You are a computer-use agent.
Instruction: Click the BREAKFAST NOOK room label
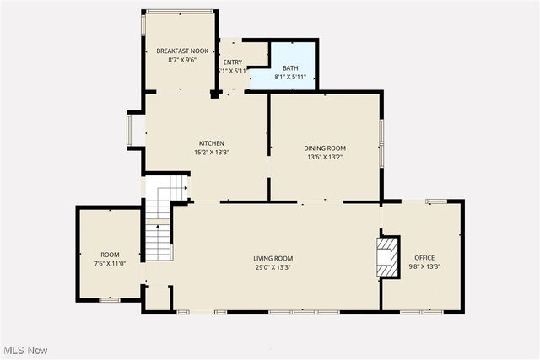click(x=182, y=51)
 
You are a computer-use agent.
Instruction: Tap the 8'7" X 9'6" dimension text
click(x=182, y=61)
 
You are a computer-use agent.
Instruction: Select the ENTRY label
click(x=232, y=62)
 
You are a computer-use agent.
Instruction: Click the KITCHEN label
click(x=211, y=143)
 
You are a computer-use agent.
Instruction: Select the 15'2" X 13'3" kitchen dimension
click(x=211, y=153)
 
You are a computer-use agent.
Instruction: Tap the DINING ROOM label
click(x=325, y=148)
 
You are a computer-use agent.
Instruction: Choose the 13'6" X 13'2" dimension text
click(x=325, y=158)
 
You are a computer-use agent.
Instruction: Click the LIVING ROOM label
click(x=273, y=258)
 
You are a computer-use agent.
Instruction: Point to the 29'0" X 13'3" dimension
click(x=273, y=267)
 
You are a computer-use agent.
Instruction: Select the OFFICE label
click(x=424, y=257)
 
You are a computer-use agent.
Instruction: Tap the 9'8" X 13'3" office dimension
click(x=424, y=267)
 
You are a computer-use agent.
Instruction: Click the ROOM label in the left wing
click(x=110, y=254)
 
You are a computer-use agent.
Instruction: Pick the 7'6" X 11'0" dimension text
click(x=110, y=264)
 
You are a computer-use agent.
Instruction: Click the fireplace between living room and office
click(x=386, y=256)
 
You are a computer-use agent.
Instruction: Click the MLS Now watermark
click(x=26, y=350)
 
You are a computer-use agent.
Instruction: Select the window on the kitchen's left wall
click(x=131, y=130)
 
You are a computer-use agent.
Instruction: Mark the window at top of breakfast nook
click(x=177, y=11)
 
